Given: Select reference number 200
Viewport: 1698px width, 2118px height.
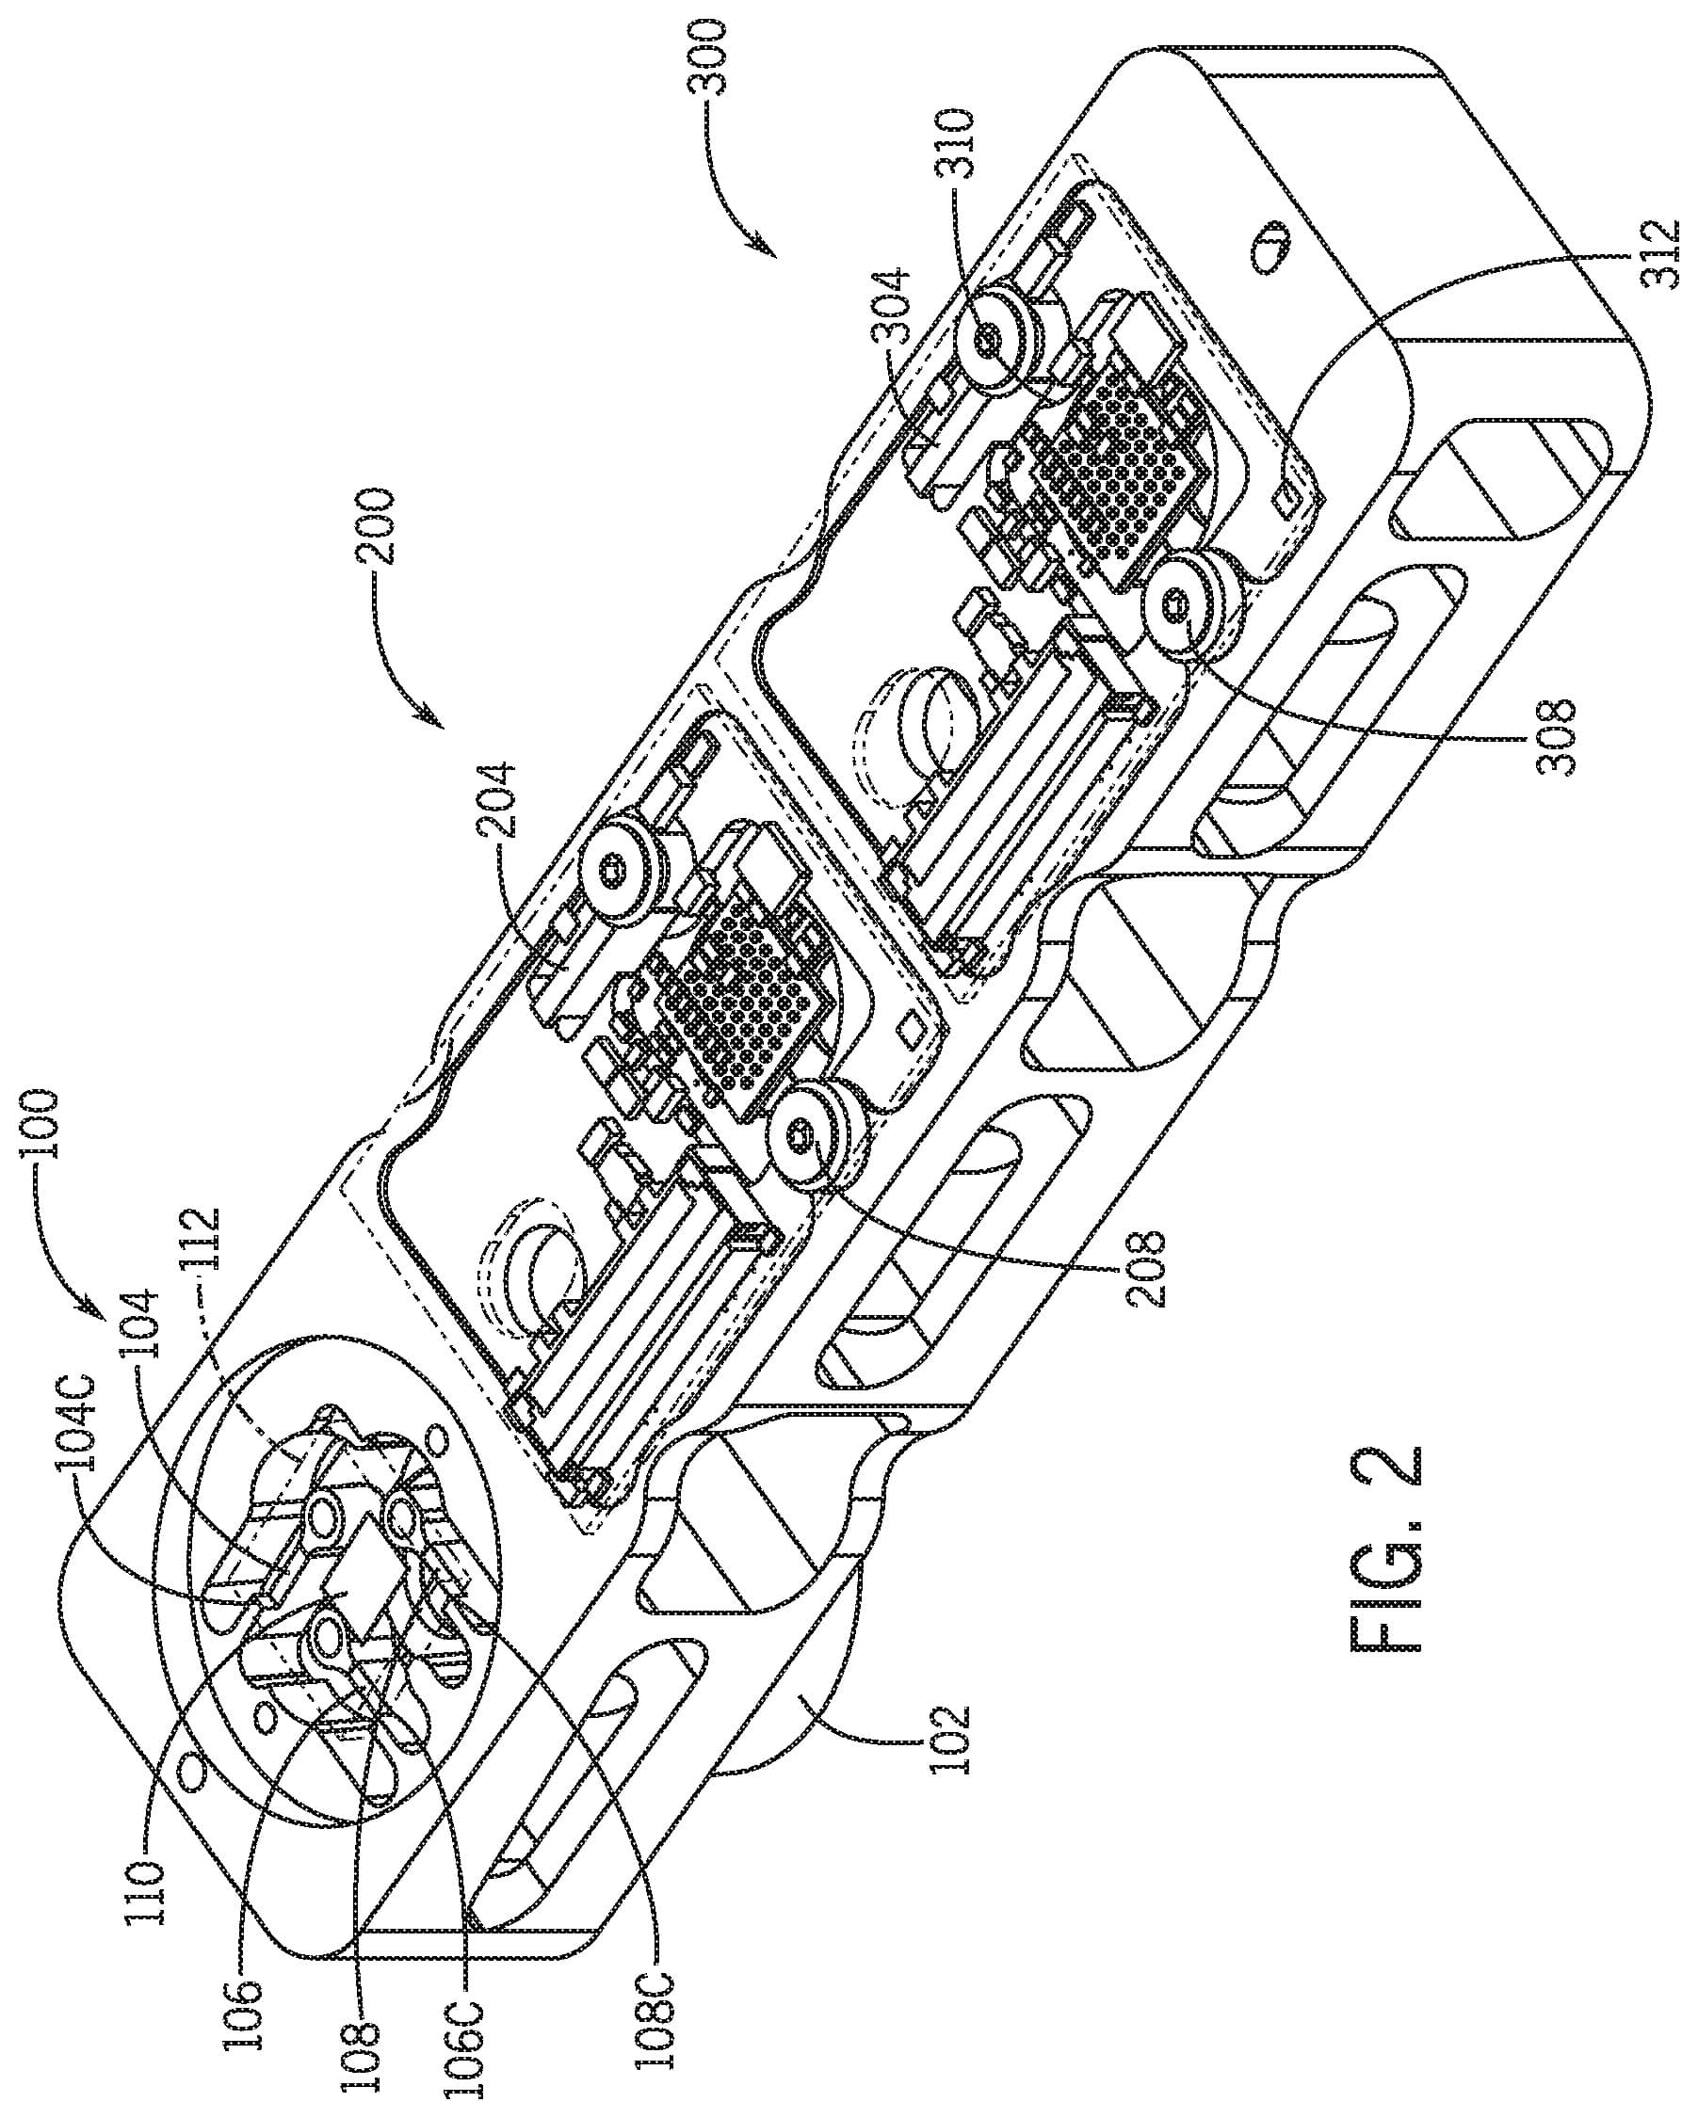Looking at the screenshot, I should (x=380, y=525).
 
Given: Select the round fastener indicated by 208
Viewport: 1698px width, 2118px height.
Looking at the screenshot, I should (x=807, y=1140).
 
